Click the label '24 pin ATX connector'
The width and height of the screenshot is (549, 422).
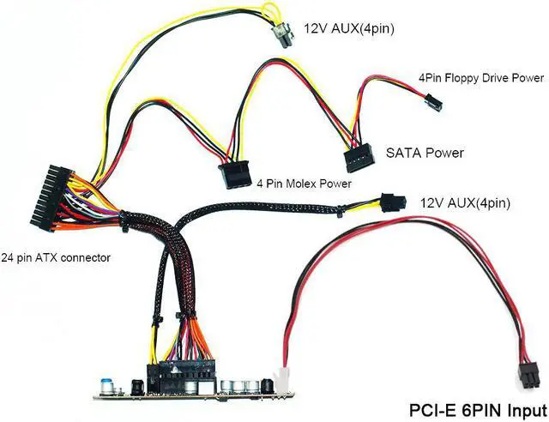click(56, 256)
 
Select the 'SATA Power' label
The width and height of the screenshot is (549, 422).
click(425, 154)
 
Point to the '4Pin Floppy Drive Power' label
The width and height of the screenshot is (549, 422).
click(480, 78)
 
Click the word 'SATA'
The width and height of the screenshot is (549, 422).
click(403, 154)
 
